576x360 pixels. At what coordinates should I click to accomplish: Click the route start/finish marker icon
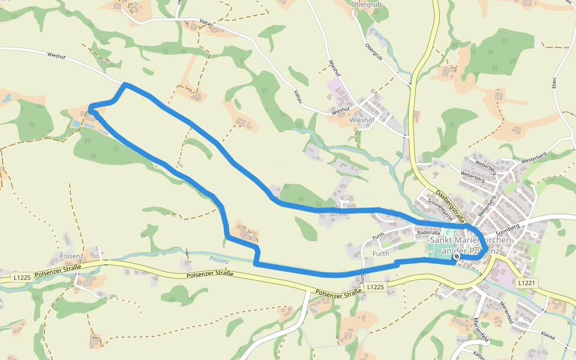click(x=457, y=257)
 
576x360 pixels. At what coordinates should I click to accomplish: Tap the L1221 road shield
click(x=526, y=283)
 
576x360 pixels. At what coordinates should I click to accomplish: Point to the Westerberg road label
click(x=536, y=160)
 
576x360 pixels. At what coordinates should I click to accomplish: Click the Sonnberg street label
click(x=507, y=227)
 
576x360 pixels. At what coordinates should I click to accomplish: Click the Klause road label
click(x=547, y=337)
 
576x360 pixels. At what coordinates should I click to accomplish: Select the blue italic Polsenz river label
click(x=220, y=259)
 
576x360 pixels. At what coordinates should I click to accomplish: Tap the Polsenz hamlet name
click(x=71, y=256)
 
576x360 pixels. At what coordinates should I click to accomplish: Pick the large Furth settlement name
click(x=381, y=253)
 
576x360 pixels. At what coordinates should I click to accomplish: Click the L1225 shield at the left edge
click(x=22, y=278)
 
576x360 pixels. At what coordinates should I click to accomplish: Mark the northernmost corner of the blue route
click(x=125, y=85)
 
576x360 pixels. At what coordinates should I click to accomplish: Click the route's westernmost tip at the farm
click(x=91, y=108)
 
